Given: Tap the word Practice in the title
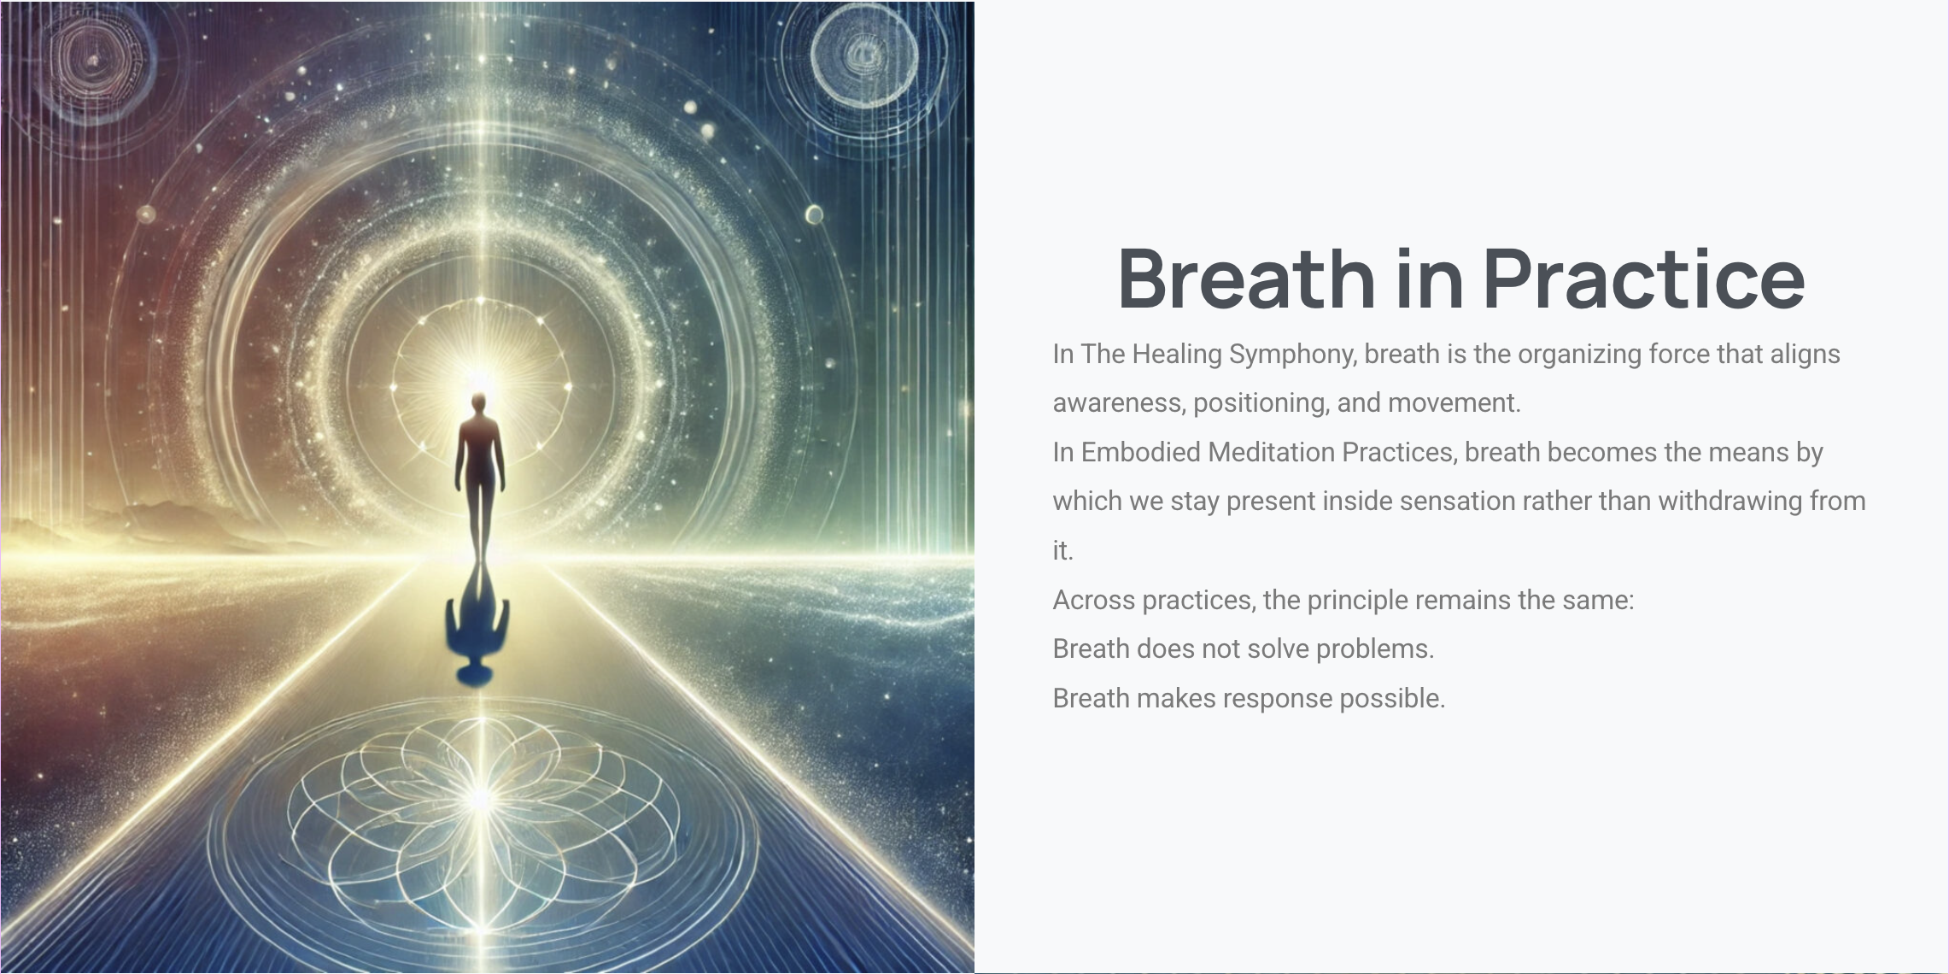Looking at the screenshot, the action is click(1644, 278).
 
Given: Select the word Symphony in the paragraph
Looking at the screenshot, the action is click(1292, 355).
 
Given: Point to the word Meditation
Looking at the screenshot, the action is click(1272, 452).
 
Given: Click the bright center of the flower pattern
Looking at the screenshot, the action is click(481, 799).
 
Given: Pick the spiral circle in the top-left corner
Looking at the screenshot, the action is click(92, 61).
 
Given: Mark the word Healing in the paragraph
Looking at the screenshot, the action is click(1177, 355).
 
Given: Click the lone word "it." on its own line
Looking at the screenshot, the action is click(1062, 551).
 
